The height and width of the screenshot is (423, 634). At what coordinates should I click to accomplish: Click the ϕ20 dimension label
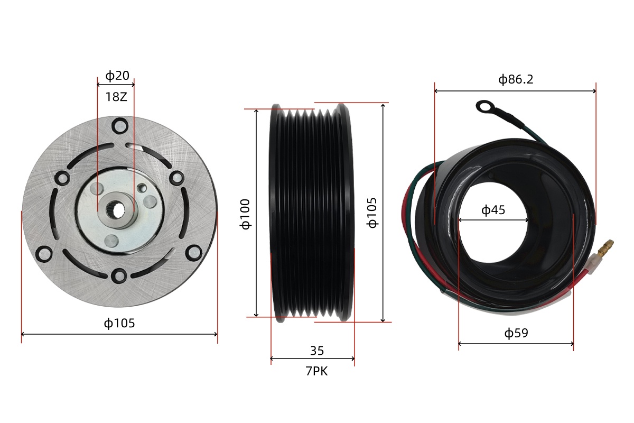[x=117, y=76]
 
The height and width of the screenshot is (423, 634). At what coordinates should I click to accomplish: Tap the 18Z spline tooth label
[x=116, y=97]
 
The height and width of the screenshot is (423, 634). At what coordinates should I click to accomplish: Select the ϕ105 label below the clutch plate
[x=119, y=323]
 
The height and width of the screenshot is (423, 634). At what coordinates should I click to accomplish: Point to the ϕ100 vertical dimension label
[x=245, y=214]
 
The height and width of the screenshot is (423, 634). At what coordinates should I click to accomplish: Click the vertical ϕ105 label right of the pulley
[x=372, y=213]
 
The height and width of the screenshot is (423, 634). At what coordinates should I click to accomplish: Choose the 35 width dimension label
[x=317, y=351]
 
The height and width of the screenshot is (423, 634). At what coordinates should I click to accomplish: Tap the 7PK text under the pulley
[x=316, y=371]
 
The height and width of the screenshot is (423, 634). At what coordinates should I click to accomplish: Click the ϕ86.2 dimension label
[x=516, y=79]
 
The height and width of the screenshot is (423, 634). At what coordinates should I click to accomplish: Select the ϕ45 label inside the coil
[x=493, y=210]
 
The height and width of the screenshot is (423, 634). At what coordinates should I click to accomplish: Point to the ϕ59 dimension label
[x=516, y=333]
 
